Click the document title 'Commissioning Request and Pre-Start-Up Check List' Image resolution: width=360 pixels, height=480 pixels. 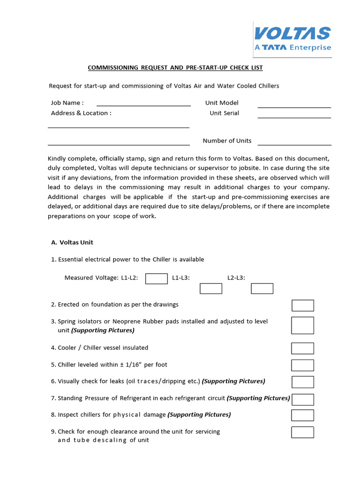click(x=175, y=68)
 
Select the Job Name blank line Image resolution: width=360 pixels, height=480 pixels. click(x=143, y=104)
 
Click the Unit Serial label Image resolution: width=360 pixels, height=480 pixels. click(x=224, y=113)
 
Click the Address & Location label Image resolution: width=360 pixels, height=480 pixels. click(x=81, y=113)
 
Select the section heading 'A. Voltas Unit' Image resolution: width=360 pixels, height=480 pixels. click(x=72, y=242)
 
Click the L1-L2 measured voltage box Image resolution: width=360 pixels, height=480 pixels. click(x=157, y=278)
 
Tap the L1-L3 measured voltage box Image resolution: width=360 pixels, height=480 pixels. click(x=211, y=289)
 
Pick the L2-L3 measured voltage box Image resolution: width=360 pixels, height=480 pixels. click(x=262, y=289)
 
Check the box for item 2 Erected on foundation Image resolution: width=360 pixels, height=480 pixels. click(x=303, y=306)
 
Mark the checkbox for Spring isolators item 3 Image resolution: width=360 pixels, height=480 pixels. click(x=302, y=325)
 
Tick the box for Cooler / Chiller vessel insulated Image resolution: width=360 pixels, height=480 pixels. click(x=302, y=348)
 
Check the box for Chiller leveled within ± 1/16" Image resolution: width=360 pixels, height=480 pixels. click(x=302, y=365)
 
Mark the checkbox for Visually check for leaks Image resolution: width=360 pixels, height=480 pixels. click(x=303, y=382)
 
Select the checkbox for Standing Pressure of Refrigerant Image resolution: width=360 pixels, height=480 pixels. click(x=303, y=399)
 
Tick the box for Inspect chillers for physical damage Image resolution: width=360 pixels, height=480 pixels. click(x=302, y=415)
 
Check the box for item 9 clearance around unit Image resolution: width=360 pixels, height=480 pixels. click(x=302, y=432)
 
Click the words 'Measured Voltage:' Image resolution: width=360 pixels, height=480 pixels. click(x=92, y=278)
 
